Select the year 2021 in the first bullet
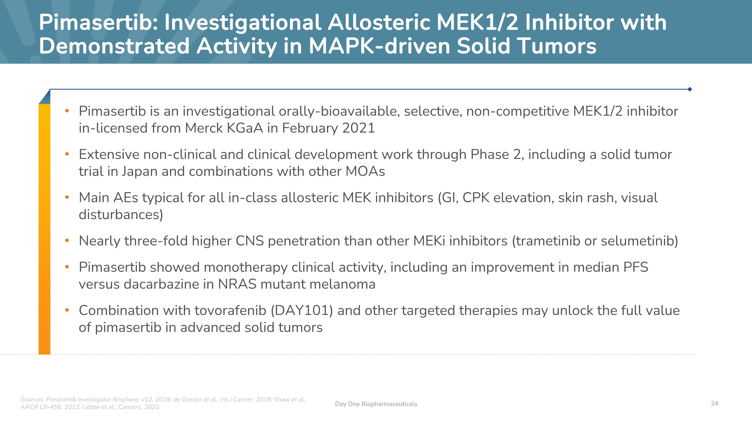(358, 128)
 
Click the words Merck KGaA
(224, 128)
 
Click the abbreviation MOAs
(365, 171)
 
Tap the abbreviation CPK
(476, 198)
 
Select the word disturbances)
(121, 215)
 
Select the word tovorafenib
(230, 311)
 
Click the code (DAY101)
(302, 311)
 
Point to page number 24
(714, 403)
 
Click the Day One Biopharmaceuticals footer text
(376, 404)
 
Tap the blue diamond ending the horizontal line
(690, 89)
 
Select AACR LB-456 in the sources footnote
(41, 407)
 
